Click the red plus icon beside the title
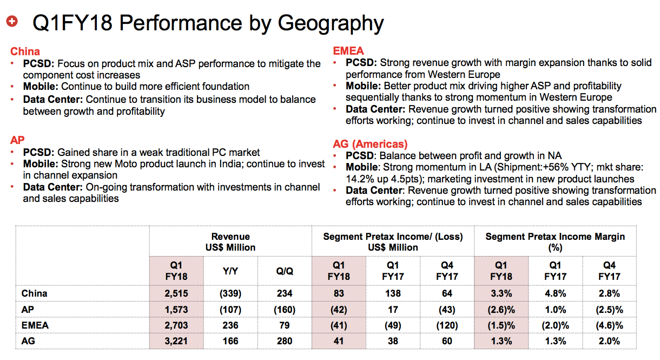click(x=12, y=21)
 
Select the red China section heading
click(x=25, y=51)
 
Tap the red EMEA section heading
click(x=348, y=51)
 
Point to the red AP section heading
click(x=17, y=140)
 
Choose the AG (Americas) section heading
click(x=370, y=144)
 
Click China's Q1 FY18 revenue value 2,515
click(x=176, y=293)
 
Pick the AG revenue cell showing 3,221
click(x=176, y=341)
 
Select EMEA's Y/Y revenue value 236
click(x=230, y=325)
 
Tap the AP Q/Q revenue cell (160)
click(x=285, y=310)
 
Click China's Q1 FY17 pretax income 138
click(x=393, y=293)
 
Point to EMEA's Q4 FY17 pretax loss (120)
click(x=447, y=325)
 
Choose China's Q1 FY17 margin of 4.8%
click(x=556, y=293)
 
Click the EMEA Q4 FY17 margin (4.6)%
click(x=609, y=325)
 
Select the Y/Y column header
click(x=230, y=271)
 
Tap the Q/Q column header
click(x=285, y=271)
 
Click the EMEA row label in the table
click(x=35, y=325)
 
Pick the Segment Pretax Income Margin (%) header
click(x=555, y=242)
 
